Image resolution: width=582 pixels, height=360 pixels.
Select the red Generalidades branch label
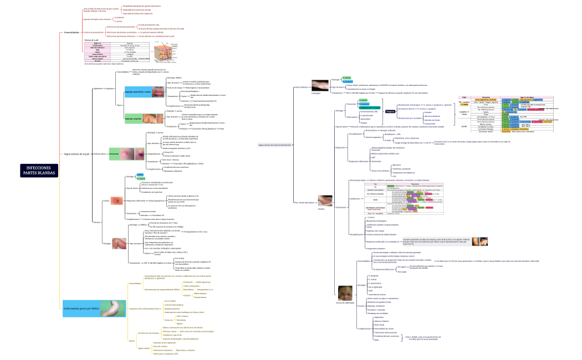click(72, 33)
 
